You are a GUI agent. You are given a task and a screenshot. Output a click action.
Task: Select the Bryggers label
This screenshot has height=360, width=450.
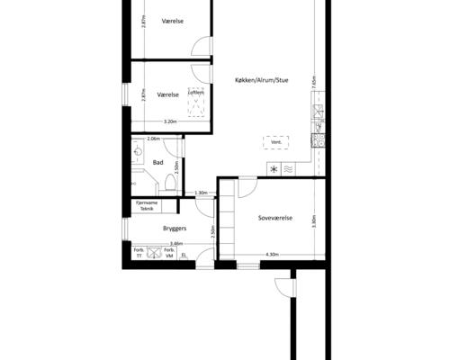[174, 229]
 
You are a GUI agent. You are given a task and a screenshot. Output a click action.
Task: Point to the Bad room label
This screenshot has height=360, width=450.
[157, 162]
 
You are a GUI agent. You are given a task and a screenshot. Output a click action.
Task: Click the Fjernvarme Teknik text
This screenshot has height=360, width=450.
[147, 205]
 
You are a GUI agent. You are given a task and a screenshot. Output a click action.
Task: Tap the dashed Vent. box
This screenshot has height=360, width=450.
[276, 142]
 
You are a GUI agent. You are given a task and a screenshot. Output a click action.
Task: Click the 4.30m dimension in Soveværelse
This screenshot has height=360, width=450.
[274, 254]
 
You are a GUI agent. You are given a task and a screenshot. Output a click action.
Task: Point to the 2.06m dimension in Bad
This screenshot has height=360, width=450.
[153, 139]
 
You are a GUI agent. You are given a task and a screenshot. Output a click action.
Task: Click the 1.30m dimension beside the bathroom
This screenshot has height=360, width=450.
[202, 192]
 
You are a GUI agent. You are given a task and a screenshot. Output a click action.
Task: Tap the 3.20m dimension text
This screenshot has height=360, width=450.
[169, 121]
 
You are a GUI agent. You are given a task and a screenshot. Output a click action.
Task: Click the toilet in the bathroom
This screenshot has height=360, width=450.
[168, 183]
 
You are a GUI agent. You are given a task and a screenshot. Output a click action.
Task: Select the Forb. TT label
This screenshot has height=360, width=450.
[139, 252]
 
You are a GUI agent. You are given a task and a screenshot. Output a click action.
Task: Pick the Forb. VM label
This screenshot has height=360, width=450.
[168, 252]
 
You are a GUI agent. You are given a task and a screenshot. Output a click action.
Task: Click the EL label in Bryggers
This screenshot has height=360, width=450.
[184, 255]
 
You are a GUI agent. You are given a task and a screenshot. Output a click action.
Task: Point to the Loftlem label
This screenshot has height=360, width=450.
[196, 92]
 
